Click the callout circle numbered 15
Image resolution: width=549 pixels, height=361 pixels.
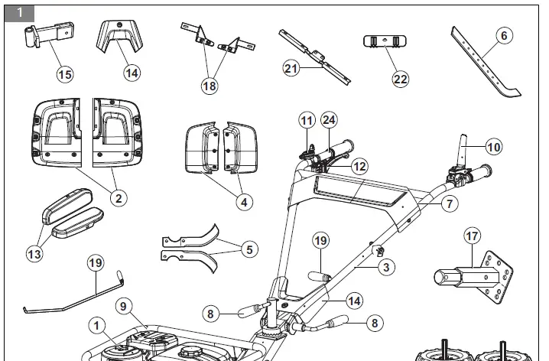point(66,74)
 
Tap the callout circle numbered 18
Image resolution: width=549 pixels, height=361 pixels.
point(210,86)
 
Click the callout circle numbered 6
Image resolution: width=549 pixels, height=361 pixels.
point(502,34)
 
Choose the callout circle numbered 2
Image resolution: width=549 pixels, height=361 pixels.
point(118,197)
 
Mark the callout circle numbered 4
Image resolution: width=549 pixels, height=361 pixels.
point(243,203)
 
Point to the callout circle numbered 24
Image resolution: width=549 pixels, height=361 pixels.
point(330,120)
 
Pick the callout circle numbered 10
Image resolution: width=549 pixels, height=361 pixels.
point(494,144)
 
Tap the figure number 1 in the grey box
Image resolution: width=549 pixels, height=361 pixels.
point(19,13)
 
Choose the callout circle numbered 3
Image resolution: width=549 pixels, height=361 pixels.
point(388,268)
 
